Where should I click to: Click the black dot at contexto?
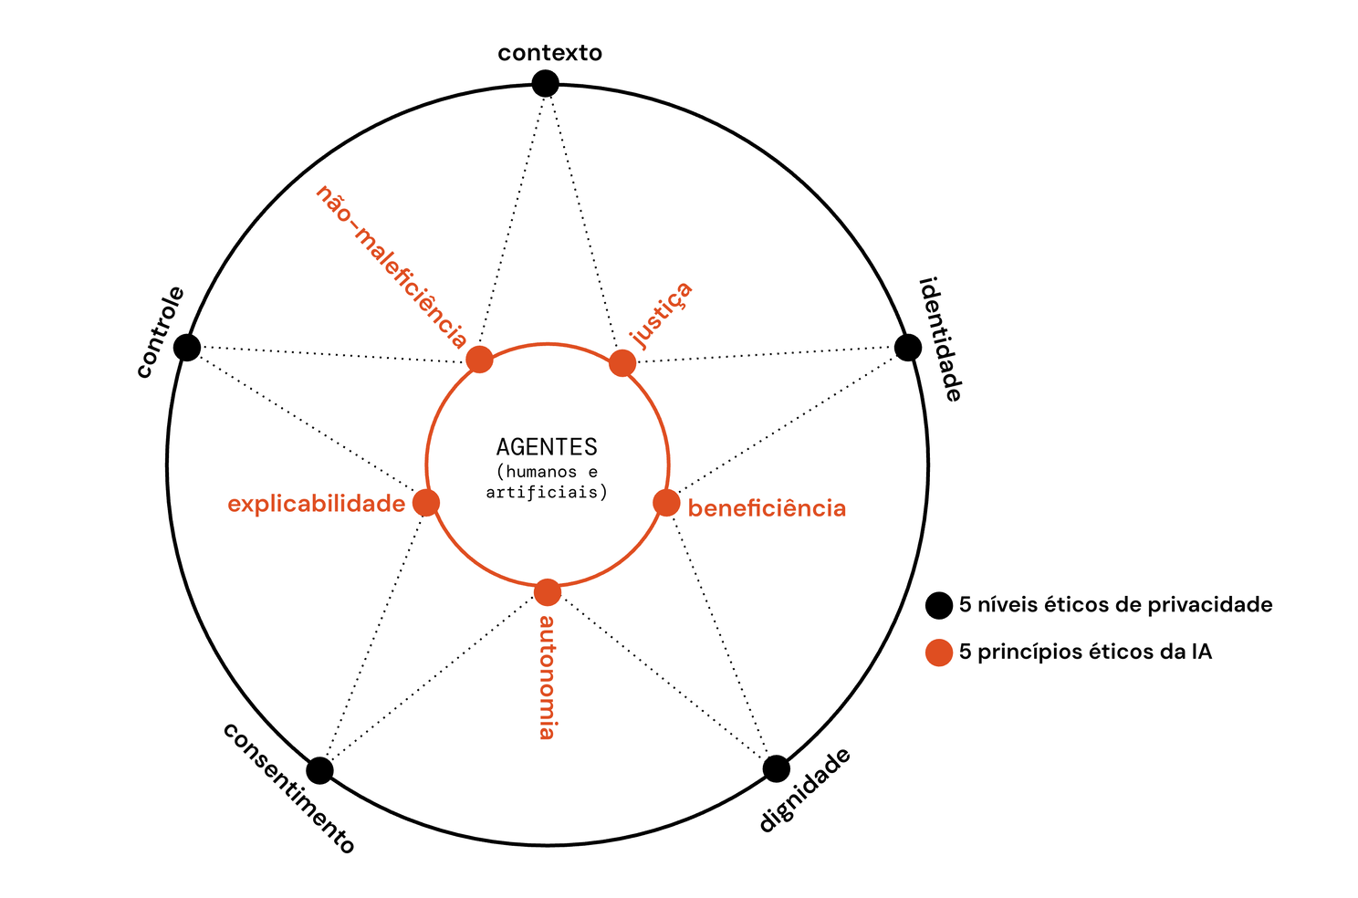point(545,84)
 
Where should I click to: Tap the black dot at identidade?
point(907,348)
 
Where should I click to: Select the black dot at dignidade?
point(776,768)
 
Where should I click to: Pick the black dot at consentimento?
point(319,770)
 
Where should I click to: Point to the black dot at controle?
point(187,348)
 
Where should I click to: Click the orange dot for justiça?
point(622,362)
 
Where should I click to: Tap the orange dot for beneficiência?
point(666,503)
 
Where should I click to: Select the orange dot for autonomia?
point(547,592)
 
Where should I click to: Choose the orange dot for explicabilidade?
point(426,503)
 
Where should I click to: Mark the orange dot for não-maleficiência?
point(480,359)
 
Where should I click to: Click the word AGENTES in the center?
point(547,447)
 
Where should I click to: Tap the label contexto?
point(549,53)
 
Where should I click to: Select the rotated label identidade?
point(941,339)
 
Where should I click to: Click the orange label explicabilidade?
point(316,504)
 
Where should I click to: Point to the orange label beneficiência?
point(767,508)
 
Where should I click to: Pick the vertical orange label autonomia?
point(547,676)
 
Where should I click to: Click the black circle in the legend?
point(939,605)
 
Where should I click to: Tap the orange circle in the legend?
point(939,653)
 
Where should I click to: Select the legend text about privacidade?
point(1115,605)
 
